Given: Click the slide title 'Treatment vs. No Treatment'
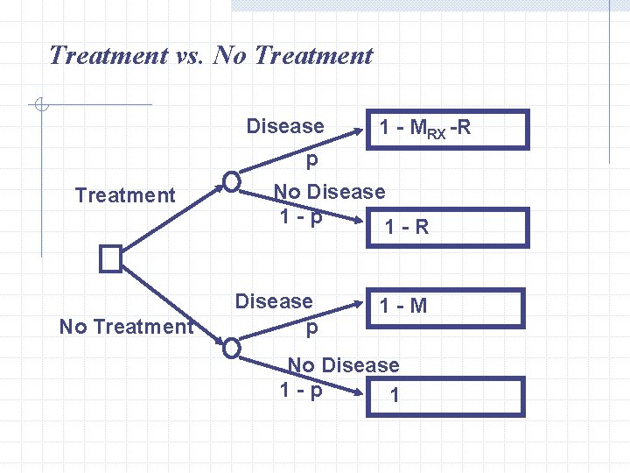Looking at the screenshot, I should pos(211,56).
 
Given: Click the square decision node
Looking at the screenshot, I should pos(110,258).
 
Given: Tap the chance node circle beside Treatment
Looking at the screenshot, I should pos(231,181).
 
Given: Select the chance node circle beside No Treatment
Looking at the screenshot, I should pos(231,348).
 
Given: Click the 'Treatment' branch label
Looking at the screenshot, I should pos(125,195).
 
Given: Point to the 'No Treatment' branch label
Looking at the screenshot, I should pos(125,327).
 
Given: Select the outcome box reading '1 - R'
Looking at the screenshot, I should pos(446,227).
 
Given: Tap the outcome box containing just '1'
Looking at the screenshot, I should pos(446,396).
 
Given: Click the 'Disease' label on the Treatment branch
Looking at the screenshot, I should pos(285,126).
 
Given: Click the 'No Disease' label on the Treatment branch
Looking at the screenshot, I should pos(329,192).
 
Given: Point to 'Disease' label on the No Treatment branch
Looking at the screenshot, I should pos(274,301).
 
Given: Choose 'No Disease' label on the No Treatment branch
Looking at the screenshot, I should pos(343,364).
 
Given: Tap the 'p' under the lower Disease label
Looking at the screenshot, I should pos(311,329).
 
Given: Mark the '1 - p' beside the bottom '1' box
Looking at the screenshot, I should pos(301,389).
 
